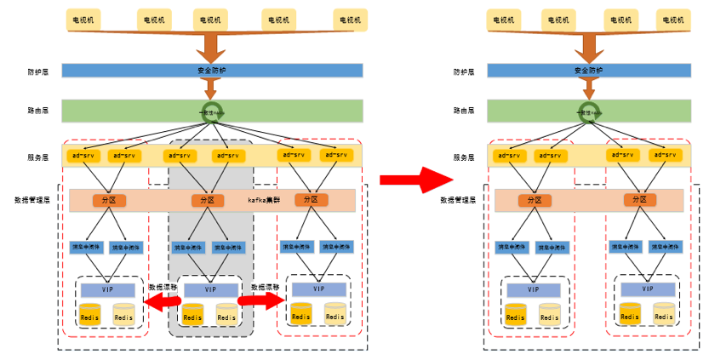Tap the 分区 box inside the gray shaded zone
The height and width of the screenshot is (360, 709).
[x=207, y=200]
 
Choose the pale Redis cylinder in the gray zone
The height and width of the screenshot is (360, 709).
[x=226, y=314]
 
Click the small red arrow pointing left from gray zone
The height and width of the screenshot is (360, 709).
[x=159, y=303]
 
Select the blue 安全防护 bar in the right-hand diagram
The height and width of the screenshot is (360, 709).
[x=587, y=71]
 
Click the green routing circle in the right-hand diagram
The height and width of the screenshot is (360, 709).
[x=587, y=111]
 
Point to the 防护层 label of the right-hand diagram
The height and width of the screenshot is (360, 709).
[x=464, y=71]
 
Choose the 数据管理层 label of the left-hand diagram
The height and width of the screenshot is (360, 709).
[x=32, y=200]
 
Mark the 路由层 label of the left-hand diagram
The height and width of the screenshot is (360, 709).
[x=38, y=111]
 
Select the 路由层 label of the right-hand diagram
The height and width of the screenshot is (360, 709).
[x=464, y=111]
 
